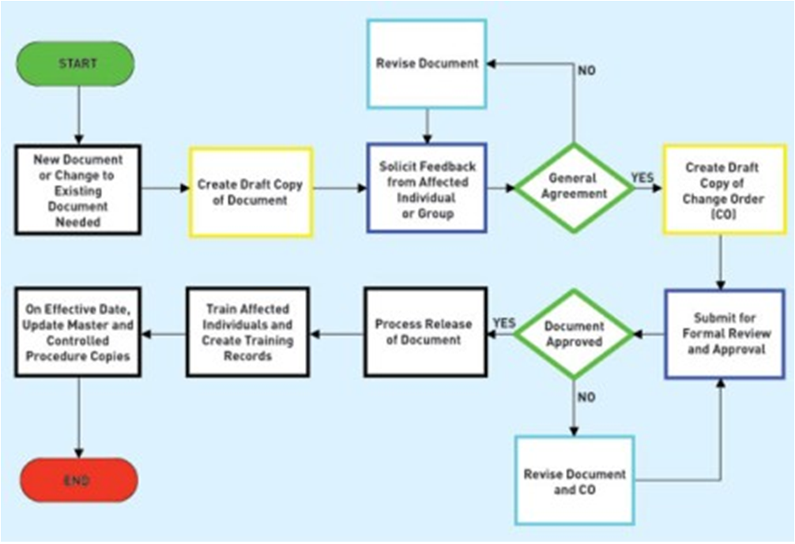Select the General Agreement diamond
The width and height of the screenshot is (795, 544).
tap(574, 187)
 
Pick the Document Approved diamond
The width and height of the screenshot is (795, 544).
tap(573, 334)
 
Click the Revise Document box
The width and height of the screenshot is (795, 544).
tap(427, 63)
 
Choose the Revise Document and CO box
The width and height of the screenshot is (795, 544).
tap(575, 480)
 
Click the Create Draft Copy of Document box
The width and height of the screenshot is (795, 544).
tap(251, 192)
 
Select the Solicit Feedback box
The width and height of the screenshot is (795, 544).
tap(427, 187)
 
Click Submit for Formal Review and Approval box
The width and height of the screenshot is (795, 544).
tap(722, 333)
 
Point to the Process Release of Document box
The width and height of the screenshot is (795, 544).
tap(424, 332)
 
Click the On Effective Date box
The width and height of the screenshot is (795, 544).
tap(77, 332)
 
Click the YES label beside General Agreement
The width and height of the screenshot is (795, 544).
tap(642, 178)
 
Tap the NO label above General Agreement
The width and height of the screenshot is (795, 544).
tap(586, 71)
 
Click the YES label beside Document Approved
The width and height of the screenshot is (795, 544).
tap(503, 324)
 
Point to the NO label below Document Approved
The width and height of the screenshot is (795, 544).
tap(586, 398)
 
